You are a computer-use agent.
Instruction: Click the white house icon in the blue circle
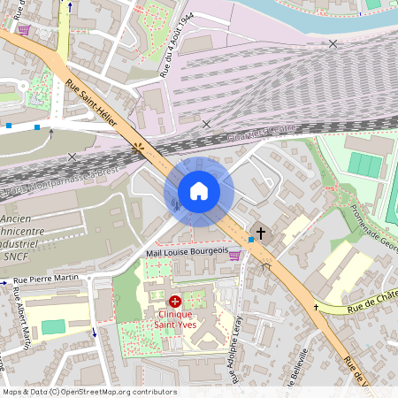[198, 191]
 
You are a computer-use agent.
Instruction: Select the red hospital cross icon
[174, 302]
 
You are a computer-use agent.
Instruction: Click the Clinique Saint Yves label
[175, 319]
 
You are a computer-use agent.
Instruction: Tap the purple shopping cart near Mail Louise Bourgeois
[234, 255]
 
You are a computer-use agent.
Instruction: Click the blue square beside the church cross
[251, 239]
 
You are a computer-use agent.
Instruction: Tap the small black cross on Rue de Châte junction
[316, 308]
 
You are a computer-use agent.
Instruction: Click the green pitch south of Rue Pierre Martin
[53, 326]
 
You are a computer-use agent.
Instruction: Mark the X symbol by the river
[333, 43]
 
